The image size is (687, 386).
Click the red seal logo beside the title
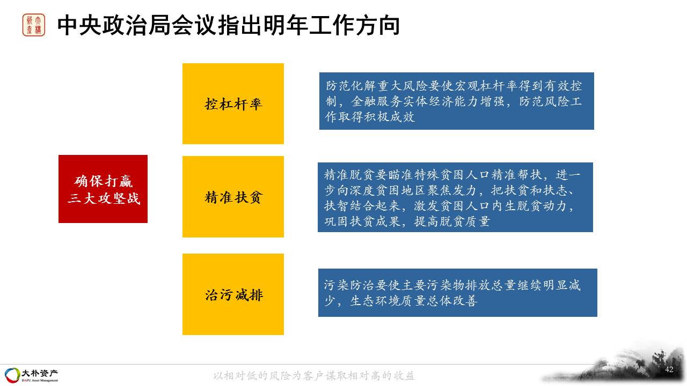point(34,25)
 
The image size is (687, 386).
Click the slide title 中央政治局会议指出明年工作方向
point(229,25)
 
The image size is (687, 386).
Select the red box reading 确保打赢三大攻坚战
point(103,189)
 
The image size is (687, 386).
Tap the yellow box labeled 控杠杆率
point(233,103)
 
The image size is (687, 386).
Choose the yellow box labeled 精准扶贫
point(233,197)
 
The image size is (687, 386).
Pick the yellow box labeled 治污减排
point(233,294)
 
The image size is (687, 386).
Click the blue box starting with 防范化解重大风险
point(457,101)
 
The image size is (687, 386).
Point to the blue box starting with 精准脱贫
point(456,197)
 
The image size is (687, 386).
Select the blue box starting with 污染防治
point(458,293)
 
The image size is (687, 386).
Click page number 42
point(669,369)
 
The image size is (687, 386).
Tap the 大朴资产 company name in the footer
point(39,373)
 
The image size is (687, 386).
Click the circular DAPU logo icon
point(12,375)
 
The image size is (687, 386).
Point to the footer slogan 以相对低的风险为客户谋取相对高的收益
point(314,376)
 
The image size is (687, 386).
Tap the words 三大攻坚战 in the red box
point(104,198)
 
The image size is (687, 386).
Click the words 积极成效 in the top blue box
point(390,117)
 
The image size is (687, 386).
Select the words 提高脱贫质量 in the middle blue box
point(452,221)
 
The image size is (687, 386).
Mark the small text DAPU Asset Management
point(40,381)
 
